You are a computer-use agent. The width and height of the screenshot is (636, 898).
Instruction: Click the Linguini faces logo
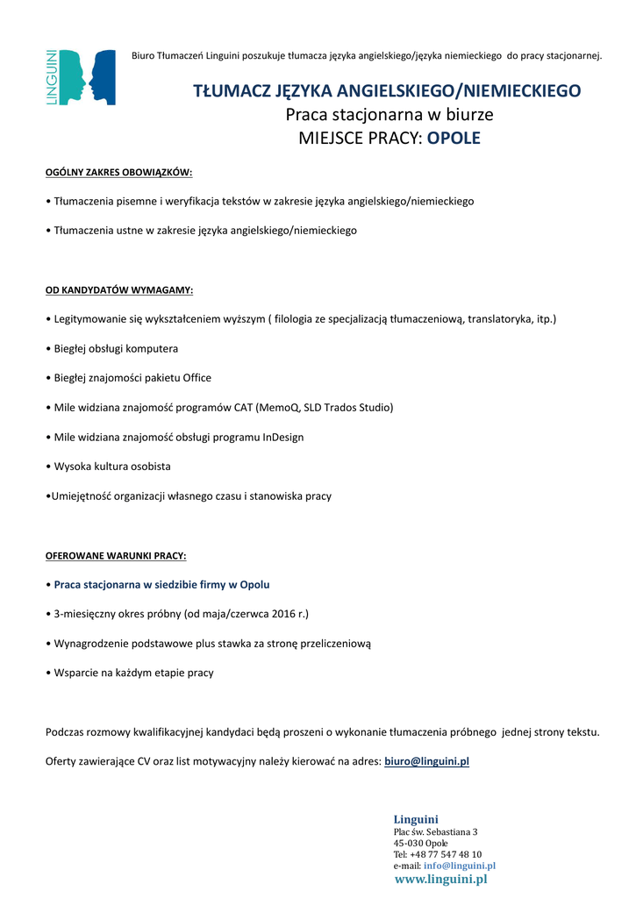point(82,77)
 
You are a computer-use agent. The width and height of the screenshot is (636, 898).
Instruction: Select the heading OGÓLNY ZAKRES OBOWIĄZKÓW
point(118,172)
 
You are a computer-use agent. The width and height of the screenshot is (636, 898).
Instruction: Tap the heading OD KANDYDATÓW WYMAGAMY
point(119,289)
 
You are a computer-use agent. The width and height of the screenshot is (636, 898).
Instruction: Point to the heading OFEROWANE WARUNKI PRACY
point(116,556)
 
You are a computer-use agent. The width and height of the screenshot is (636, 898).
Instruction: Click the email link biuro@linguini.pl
point(426,761)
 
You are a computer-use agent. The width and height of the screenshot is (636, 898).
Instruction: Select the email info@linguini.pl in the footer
point(460,866)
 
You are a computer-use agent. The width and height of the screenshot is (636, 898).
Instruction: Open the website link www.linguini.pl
point(440,880)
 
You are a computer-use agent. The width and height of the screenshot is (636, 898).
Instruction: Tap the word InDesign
point(283,437)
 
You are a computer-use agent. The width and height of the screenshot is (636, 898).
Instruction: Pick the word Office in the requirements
point(197,378)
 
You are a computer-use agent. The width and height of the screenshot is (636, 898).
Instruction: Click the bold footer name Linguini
point(416,819)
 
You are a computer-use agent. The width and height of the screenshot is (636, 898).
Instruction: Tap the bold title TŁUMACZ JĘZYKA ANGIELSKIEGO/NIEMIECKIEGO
point(387,90)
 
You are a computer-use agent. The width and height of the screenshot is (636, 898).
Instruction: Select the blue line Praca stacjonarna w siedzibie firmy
point(161,584)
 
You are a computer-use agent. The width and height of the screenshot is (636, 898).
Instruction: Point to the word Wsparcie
point(76,673)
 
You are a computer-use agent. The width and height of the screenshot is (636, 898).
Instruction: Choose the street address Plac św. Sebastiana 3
point(435,831)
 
